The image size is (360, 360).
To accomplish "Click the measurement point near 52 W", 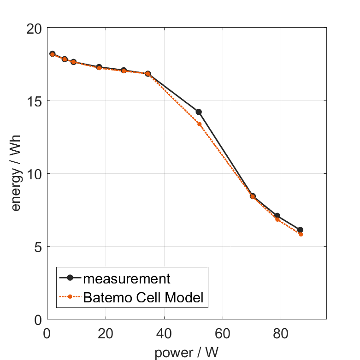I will (199, 112).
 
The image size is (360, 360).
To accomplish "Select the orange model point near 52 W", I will (200, 124).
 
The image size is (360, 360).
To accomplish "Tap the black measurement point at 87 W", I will (300, 230).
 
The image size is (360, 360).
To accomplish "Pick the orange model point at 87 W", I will (301, 234).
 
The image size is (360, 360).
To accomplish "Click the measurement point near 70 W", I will (253, 196).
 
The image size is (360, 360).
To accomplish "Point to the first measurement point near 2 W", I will (53, 54).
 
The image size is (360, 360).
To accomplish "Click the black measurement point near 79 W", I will (277, 216).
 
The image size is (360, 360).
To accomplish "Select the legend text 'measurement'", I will (127, 278).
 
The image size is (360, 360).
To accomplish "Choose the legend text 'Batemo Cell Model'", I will (143, 298).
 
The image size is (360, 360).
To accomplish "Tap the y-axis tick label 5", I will (37, 247).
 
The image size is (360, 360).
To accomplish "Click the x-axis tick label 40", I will (164, 333).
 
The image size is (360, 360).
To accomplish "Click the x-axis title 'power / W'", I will (186, 352).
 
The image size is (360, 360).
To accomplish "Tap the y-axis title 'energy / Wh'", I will (17, 174).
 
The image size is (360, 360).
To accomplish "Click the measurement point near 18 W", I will (99, 67).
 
